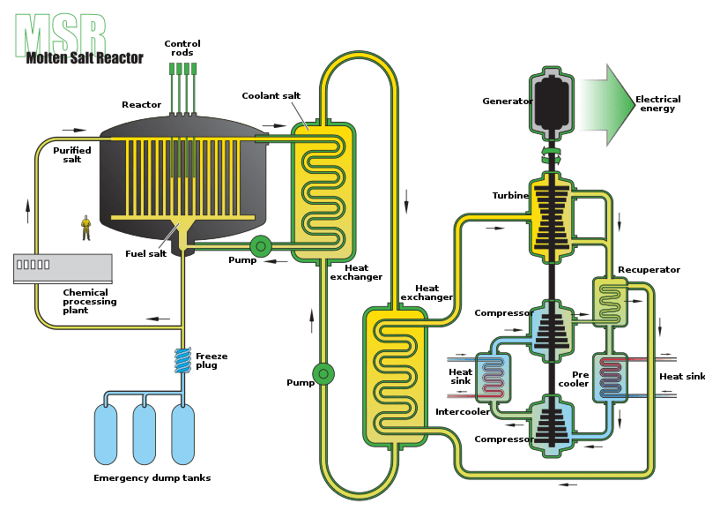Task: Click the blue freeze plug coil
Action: pyautogui.click(x=182, y=360)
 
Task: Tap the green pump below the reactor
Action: pyautogui.click(x=260, y=246)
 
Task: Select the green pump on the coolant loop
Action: pyautogui.click(x=323, y=373)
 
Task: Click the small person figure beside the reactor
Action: pyautogui.click(x=85, y=228)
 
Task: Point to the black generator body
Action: pyautogui.click(x=552, y=102)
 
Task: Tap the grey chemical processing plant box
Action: pyautogui.click(x=63, y=268)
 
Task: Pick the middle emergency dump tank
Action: pyautogui.click(x=145, y=434)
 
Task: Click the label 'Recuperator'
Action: pyautogui.click(x=649, y=269)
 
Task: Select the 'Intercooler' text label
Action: pyautogui.click(x=463, y=412)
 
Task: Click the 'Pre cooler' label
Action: pyautogui.click(x=574, y=379)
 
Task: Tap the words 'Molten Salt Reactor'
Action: pyautogui.click(x=85, y=58)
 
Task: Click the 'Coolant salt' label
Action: pyautogui.click(x=271, y=96)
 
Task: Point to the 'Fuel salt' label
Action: pyautogui.click(x=146, y=254)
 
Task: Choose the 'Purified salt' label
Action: pyautogui.click(x=72, y=154)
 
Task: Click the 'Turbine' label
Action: pyautogui.click(x=510, y=195)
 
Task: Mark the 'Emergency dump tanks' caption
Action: pyautogui.click(x=152, y=478)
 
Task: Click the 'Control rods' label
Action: pyautogui.click(x=182, y=49)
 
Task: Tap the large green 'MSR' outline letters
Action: pyautogui.click(x=61, y=34)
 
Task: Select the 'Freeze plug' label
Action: pyautogui.click(x=211, y=361)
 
